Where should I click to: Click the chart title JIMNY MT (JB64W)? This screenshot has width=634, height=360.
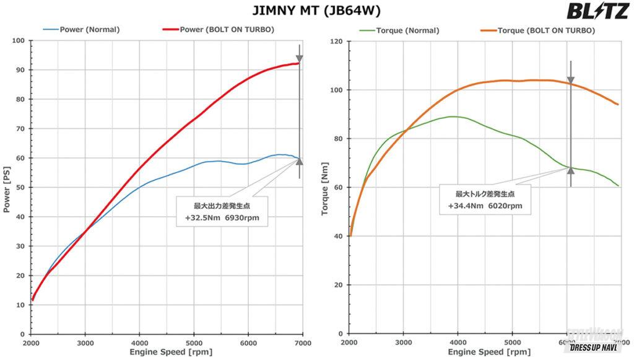[x=316, y=11]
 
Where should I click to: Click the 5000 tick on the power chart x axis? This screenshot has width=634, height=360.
[x=194, y=343]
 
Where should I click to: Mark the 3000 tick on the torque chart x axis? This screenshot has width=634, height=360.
[x=403, y=343]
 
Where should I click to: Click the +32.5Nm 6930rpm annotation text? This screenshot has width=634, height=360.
[x=222, y=217]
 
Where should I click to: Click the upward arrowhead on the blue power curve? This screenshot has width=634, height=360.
[x=299, y=161]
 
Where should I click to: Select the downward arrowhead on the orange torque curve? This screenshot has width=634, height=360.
[x=571, y=81]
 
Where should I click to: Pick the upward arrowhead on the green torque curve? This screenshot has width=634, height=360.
[x=571, y=170]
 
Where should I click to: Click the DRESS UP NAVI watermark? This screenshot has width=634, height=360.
[x=595, y=348]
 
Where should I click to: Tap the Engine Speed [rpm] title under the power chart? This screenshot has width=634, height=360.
[x=167, y=352]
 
